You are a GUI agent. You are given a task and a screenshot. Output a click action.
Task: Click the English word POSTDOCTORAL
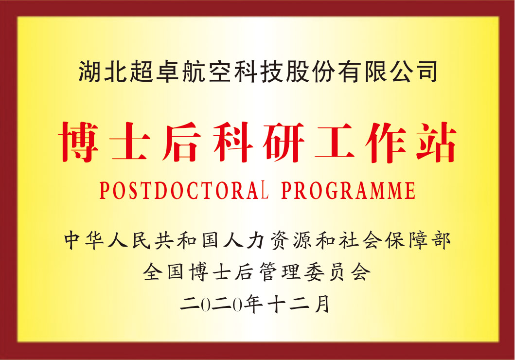click(x=184, y=190)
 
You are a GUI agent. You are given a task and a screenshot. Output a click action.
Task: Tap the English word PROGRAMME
click(x=349, y=190)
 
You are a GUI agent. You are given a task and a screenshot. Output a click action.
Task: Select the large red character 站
click(x=437, y=142)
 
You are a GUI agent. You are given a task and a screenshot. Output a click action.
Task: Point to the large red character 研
click(x=284, y=142)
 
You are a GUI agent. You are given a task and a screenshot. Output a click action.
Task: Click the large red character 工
click(x=335, y=142)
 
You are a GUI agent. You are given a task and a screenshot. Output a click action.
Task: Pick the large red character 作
click(x=386, y=142)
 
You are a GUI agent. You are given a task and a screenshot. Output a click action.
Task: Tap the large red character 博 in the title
click(x=79, y=142)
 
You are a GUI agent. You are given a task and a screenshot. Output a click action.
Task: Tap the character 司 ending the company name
click(x=426, y=71)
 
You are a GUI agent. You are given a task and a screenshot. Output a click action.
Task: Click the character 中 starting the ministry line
click(x=73, y=240)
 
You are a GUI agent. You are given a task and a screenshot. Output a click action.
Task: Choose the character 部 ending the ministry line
click(x=441, y=240)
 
